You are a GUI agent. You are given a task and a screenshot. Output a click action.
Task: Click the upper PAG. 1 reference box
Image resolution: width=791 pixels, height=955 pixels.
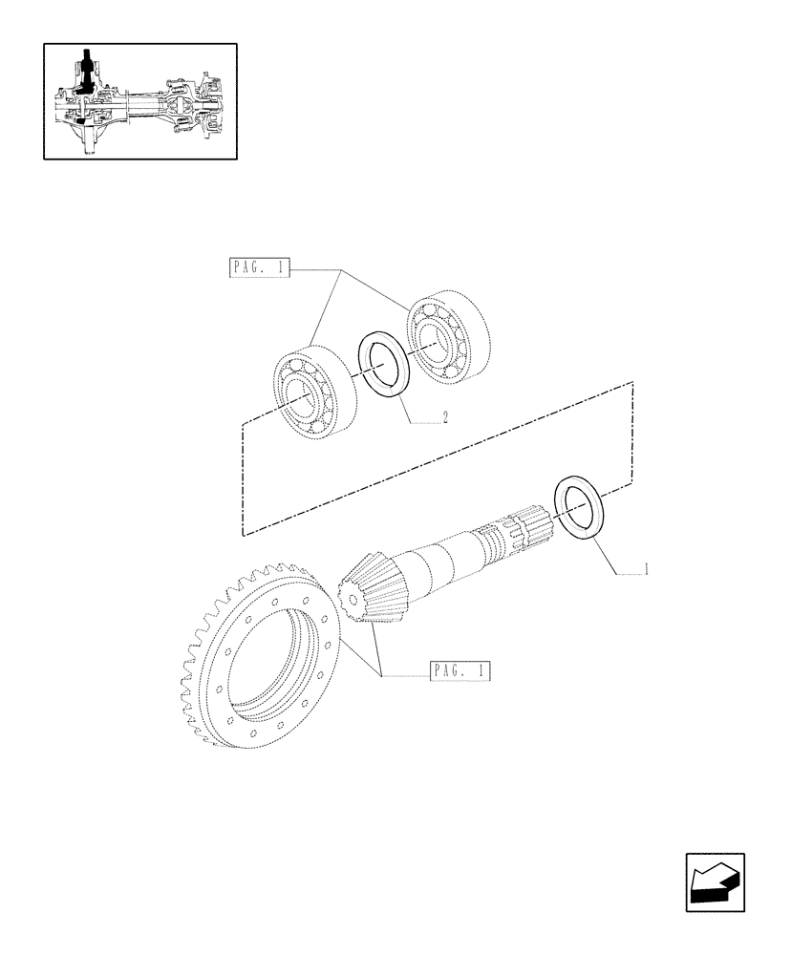(x=258, y=268)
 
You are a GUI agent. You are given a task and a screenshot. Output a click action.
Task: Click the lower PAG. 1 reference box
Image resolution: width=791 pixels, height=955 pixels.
(x=460, y=670)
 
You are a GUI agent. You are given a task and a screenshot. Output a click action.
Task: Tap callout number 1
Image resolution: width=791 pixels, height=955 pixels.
(x=647, y=570)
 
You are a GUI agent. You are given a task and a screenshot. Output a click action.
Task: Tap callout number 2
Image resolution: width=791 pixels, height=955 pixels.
(x=445, y=416)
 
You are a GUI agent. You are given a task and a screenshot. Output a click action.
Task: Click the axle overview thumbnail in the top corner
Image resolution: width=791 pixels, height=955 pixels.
(x=140, y=100)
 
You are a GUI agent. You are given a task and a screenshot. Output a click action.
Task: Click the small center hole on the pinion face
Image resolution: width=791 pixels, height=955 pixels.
(x=352, y=600)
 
